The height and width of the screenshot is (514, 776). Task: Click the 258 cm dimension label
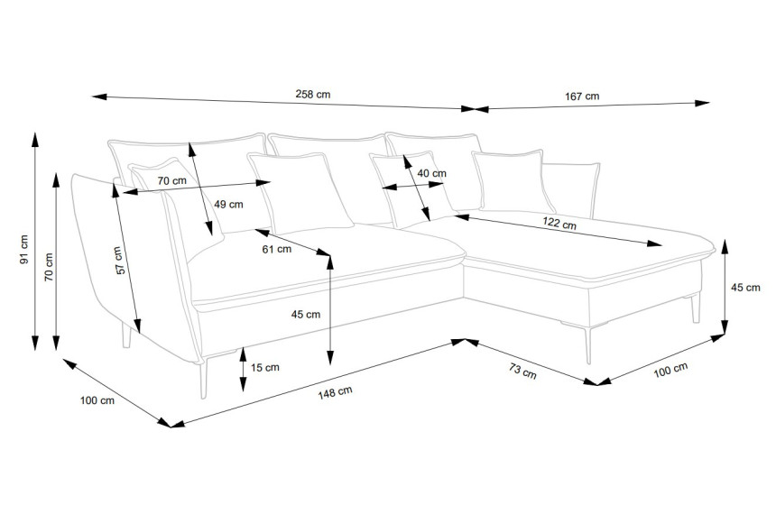(x=313, y=94)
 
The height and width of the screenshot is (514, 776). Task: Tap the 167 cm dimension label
(x=582, y=96)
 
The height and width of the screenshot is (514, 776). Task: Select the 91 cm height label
(x=23, y=249)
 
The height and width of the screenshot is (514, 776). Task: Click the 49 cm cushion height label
(x=228, y=205)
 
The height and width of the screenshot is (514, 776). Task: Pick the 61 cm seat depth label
(x=277, y=249)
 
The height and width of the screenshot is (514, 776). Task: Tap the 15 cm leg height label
(x=264, y=367)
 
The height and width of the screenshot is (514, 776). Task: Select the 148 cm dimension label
(x=335, y=392)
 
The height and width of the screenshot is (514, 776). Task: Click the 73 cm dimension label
(x=522, y=371)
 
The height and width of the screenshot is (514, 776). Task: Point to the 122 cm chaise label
(x=559, y=223)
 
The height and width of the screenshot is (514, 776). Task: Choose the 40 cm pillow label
(x=431, y=173)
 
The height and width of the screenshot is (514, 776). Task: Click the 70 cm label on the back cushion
(x=172, y=180)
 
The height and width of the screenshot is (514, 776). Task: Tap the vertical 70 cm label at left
(x=49, y=267)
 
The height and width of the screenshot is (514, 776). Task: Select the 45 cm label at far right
(x=745, y=288)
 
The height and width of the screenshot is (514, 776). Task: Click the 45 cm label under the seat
(x=305, y=314)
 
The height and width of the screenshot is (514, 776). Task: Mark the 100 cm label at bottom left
(x=97, y=400)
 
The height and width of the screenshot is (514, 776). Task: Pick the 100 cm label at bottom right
(x=670, y=370)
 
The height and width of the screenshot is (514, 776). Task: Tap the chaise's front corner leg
(x=588, y=345)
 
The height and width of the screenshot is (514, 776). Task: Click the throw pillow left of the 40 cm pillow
(x=300, y=193)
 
